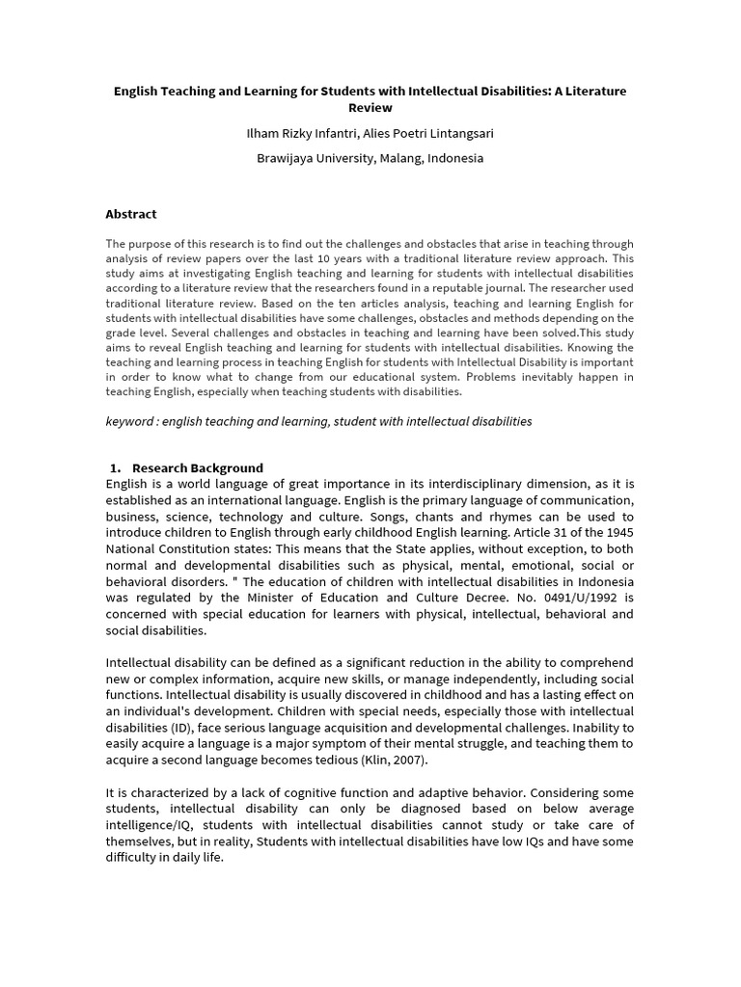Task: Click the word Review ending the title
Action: [370, 108]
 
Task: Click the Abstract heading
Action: [131, 214]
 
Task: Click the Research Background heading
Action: [198, 468]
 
